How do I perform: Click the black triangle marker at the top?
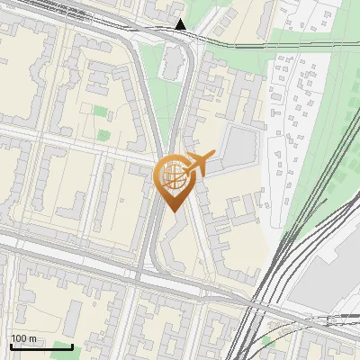tap(181, 24)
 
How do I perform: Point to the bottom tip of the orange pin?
tap(174, 211)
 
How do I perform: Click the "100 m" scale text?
tap(23, 339)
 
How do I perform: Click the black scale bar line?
tap(23, 346)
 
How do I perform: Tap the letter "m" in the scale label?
tap(32, 339)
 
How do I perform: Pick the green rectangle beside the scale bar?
tap(61, 346)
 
